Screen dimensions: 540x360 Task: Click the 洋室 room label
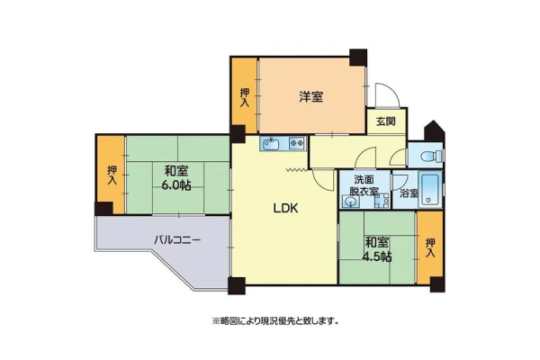click(x=311, y=97)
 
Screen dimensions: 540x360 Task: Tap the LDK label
click(x=285, y=208)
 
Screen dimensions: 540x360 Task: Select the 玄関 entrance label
click(x=386, y=121)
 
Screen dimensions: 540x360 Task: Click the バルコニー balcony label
click(x=177, y=239)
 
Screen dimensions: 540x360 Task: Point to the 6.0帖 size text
click(x=176, y=185)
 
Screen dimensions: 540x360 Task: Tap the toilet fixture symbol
click(x=431, y=156)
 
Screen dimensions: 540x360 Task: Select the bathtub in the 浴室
click(x=428, y=190)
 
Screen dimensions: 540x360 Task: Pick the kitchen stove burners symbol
click(x=297, y=142)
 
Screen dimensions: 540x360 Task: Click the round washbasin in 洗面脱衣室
click(x=351, y=202)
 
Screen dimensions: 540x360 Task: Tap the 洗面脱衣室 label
click(x=364, y=185)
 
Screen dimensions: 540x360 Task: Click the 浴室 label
click(x=409, y=193)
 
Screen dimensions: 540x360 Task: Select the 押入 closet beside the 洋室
click(x=245, y=95)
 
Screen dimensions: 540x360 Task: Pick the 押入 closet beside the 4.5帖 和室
click(x=430, y=247)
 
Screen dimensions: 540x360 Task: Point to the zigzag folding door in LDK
click(x=296, y=169)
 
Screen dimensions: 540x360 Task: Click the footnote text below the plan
click(x=274, y=321)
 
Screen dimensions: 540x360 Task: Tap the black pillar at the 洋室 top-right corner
click(x=358, y=58)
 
